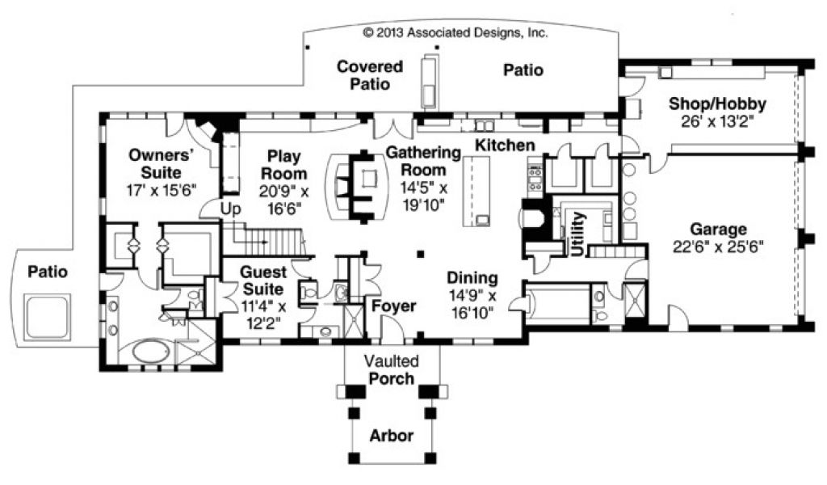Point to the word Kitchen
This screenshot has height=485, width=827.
pyautogui.click(x=505, y=145)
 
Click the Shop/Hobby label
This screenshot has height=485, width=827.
pyautogui.click(x=718, y=103)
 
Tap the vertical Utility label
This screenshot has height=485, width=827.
pyautogui.click(x=577, y=234)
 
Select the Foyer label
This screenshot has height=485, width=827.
pyautogui.click(x=393, y=306)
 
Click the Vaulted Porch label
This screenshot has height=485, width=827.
pyautogui.click(x=388, y=369)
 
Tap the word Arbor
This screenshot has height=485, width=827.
pyautogui.click(x=392, y=436)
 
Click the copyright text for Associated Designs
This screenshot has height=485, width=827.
pyautogui.click(x=455, y=34)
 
